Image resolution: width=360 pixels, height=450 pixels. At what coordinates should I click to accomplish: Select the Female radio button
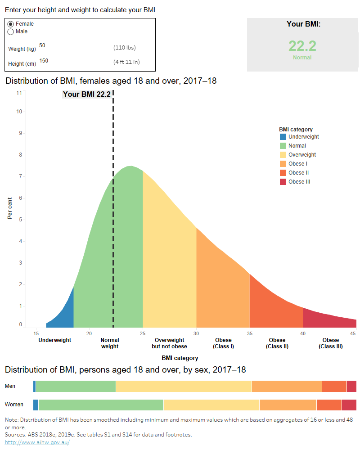click(x=11, y=24)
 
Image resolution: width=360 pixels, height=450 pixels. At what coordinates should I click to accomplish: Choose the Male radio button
click(x=11, y=31)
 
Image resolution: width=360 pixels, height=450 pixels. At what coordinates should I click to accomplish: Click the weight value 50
click(x=42, y=45)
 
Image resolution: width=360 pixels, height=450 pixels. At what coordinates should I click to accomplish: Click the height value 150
click(x=44, y=61)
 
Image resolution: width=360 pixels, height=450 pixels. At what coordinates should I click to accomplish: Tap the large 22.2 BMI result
click(x=302, y=46)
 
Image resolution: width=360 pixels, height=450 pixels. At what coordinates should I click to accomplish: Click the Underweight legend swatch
click(x=283, y=137)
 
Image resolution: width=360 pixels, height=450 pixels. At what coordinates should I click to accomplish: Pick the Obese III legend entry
click(x=299, y=182)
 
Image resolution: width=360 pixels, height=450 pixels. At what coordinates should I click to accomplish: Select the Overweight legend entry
click(x=302, y=155)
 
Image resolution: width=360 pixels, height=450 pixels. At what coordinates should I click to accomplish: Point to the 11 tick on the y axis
click(x=19, y=93)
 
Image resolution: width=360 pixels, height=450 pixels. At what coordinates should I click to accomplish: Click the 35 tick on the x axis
click(x=249, y=333)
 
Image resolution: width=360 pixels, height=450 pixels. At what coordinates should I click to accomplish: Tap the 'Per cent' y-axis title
click(x=10, y=208)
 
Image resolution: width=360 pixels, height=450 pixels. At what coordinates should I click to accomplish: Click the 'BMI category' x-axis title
click(x=180, y=358)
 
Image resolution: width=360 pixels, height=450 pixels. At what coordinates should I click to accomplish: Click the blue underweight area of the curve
click(x=66, y=315)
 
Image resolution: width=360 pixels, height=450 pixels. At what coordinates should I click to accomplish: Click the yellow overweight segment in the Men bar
click(x=184, y=386)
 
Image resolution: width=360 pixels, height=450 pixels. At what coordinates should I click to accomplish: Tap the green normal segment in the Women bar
click(x=101, y=405)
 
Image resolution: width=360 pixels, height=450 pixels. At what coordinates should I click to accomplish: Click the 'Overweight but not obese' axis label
click(x=169, y=343)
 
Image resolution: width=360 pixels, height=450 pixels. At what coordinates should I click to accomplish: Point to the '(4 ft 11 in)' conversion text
click(x=126, y=62)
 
